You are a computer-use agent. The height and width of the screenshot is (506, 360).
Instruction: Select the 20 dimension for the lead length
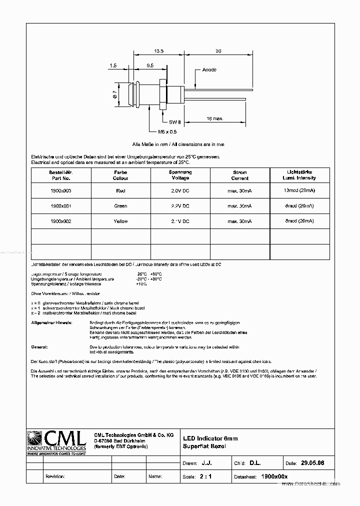point(218,51)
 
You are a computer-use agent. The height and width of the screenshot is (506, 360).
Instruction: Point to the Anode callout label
point(209,70)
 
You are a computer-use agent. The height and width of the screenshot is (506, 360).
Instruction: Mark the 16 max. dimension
point(215,118)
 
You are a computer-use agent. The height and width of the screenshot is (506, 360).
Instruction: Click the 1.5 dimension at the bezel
point(113,65)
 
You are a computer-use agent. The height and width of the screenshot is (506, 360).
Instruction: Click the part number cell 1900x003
point(61,190)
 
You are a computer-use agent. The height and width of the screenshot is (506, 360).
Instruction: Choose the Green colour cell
point(120,206)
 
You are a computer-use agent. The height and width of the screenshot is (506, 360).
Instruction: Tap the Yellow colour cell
point(120,221)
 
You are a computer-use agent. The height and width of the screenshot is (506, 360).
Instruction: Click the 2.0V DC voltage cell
point(180,190)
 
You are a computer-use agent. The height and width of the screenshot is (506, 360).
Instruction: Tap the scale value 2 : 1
point(205,476)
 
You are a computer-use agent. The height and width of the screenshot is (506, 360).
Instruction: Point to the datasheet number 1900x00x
point(274,476)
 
